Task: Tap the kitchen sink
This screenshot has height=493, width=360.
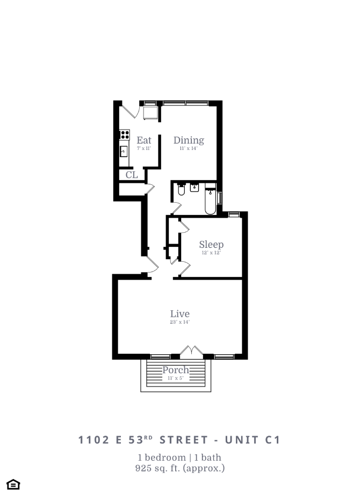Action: coord(124,152)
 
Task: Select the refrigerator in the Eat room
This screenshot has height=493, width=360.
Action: coord(150,112)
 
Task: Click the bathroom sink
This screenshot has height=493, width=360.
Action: coord(195,188)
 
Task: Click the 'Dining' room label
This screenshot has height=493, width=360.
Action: coord(189,140)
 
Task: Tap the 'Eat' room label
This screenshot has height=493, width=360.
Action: coord(143,140)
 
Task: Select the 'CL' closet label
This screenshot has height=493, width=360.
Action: coord(132,175)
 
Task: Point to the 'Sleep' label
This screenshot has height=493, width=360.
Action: coord(211,245)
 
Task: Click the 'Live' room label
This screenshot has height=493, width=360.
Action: coord(180,314)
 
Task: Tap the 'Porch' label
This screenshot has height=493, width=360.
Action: coord(176,370)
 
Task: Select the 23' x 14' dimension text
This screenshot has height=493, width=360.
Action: coord(180,322)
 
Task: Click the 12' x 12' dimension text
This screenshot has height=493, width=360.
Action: coord(211,252)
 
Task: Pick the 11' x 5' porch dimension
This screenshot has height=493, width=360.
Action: coord(176,377)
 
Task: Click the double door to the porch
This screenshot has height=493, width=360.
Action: coord(191,352)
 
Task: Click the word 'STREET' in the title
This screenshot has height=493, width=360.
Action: coord(183,440)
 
